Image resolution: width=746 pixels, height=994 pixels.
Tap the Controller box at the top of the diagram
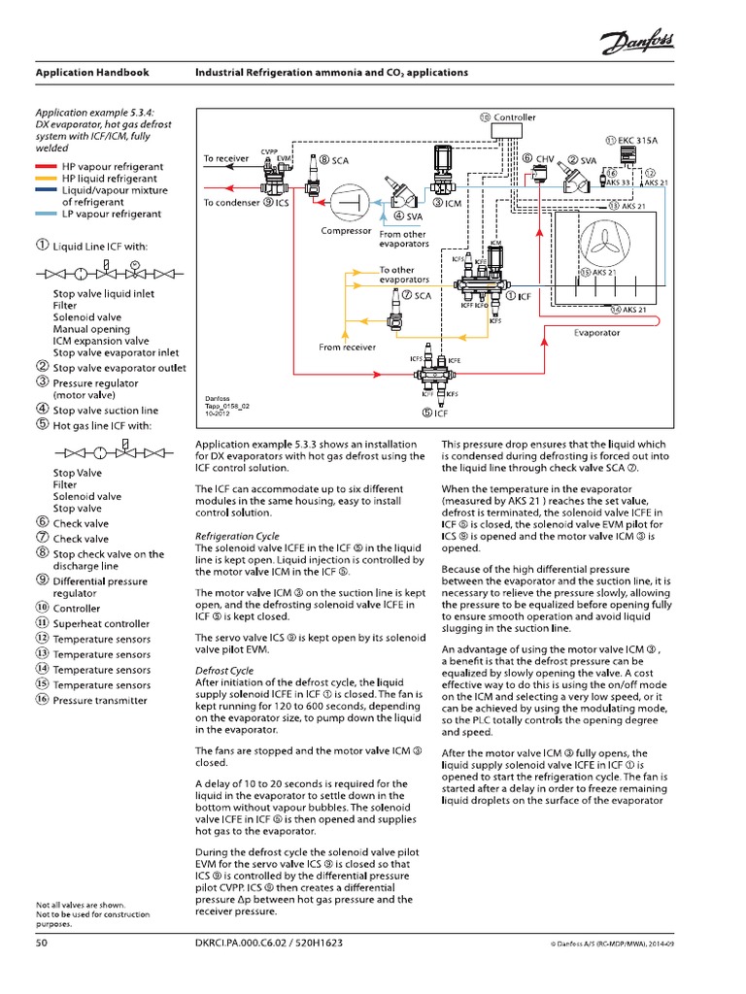tap(508, 117)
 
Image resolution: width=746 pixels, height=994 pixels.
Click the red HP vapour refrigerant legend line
tap(46, 166)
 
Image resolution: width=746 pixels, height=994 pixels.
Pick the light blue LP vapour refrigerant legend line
tap(46, 214)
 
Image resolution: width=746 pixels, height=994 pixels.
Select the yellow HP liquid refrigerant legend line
tap(46, 179)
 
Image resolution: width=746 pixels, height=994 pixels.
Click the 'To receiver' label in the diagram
tap(225, 157)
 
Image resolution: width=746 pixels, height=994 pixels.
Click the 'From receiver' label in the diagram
tap(347, 347)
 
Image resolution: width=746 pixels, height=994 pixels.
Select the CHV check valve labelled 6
tap(541, 175)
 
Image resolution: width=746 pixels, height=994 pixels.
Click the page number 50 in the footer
tap(42, 943)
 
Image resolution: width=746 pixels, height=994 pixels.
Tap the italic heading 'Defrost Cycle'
tap(224, 671)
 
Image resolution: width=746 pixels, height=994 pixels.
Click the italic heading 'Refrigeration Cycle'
tap(238, 536)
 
